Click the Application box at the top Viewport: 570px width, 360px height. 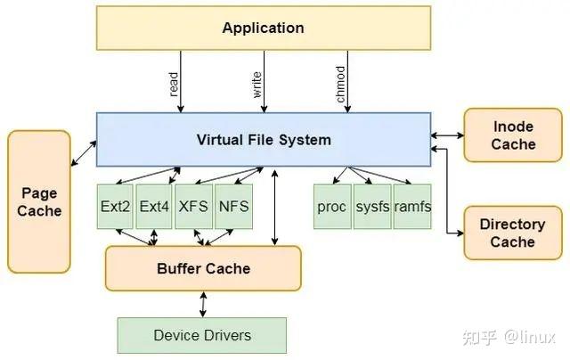263,28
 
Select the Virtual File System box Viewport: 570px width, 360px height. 263,139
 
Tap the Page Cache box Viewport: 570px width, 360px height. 39,201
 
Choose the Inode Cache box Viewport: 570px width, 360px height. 513,135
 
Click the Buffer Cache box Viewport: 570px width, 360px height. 203,268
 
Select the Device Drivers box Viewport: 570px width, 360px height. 202,335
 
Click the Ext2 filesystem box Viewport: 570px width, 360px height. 116,206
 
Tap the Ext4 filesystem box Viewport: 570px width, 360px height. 154,206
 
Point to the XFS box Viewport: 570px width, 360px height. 193,206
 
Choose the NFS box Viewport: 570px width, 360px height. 232,206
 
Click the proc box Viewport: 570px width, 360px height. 331,206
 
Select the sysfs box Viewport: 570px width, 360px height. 372,206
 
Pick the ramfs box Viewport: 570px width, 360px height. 412,206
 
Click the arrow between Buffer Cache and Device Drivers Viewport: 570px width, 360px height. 204,304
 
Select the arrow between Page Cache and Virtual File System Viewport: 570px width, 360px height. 84,152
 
